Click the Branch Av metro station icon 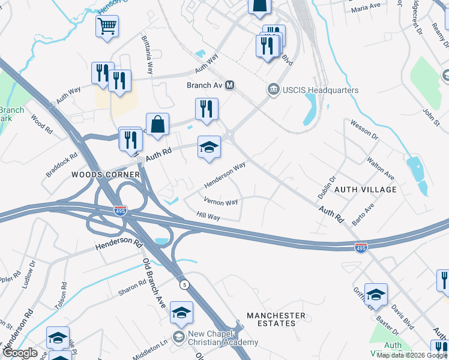229,86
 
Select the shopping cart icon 107,26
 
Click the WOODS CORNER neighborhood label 106,175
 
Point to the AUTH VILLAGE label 365,190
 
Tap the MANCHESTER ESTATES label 276,319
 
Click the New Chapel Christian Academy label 223,338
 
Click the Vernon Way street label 221,202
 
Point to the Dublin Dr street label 325,187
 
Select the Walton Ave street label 381,169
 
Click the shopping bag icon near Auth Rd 157,125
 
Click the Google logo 20,353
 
